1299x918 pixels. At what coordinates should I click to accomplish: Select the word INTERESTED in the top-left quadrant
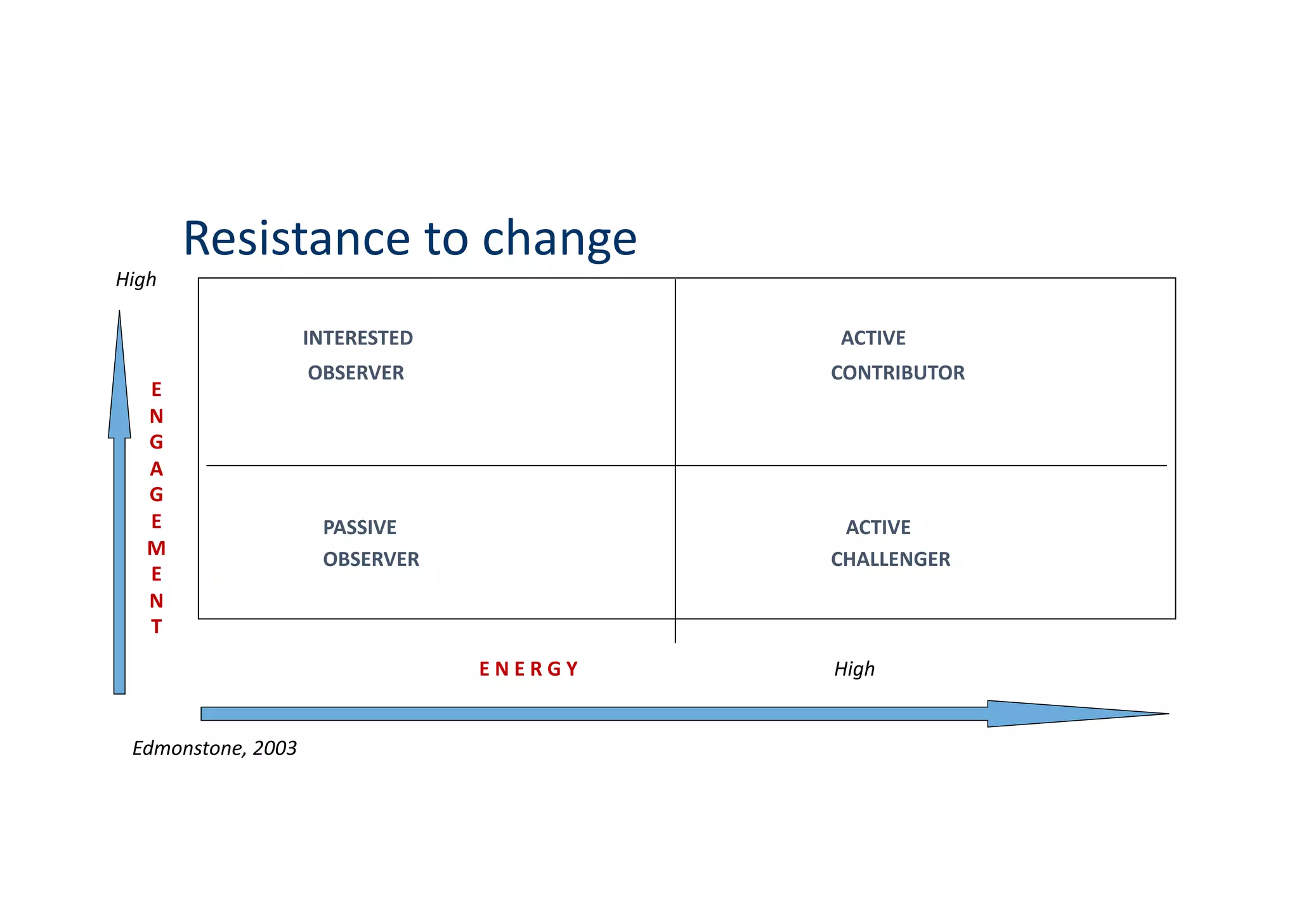coord(358,338)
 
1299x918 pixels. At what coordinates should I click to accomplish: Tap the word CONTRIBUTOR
coord(898,373)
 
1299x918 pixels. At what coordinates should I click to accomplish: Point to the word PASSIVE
coord(360,528)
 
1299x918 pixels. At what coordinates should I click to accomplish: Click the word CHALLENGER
coord(891,560)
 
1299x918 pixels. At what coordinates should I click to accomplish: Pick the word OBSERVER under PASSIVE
coord(371,560)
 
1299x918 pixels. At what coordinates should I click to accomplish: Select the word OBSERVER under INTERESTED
coord(356,373)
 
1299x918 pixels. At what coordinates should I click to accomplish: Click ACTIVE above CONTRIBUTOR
coord(873,338)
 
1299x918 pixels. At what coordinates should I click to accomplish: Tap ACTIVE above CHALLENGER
coord(878,528)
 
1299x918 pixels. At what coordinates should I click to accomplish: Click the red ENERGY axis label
coord(528,669)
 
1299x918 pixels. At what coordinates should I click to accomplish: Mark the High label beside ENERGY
coord(854,669)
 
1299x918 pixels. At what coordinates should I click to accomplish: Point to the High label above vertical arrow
coord(136,280)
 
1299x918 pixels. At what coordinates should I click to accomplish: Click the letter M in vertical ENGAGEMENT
coord(156,549)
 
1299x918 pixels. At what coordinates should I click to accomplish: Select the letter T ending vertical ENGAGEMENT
coord(156,627)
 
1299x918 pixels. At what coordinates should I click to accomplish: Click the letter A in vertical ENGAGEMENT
coord(156,469)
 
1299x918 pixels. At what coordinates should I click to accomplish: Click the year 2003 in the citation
coord(275,749)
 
